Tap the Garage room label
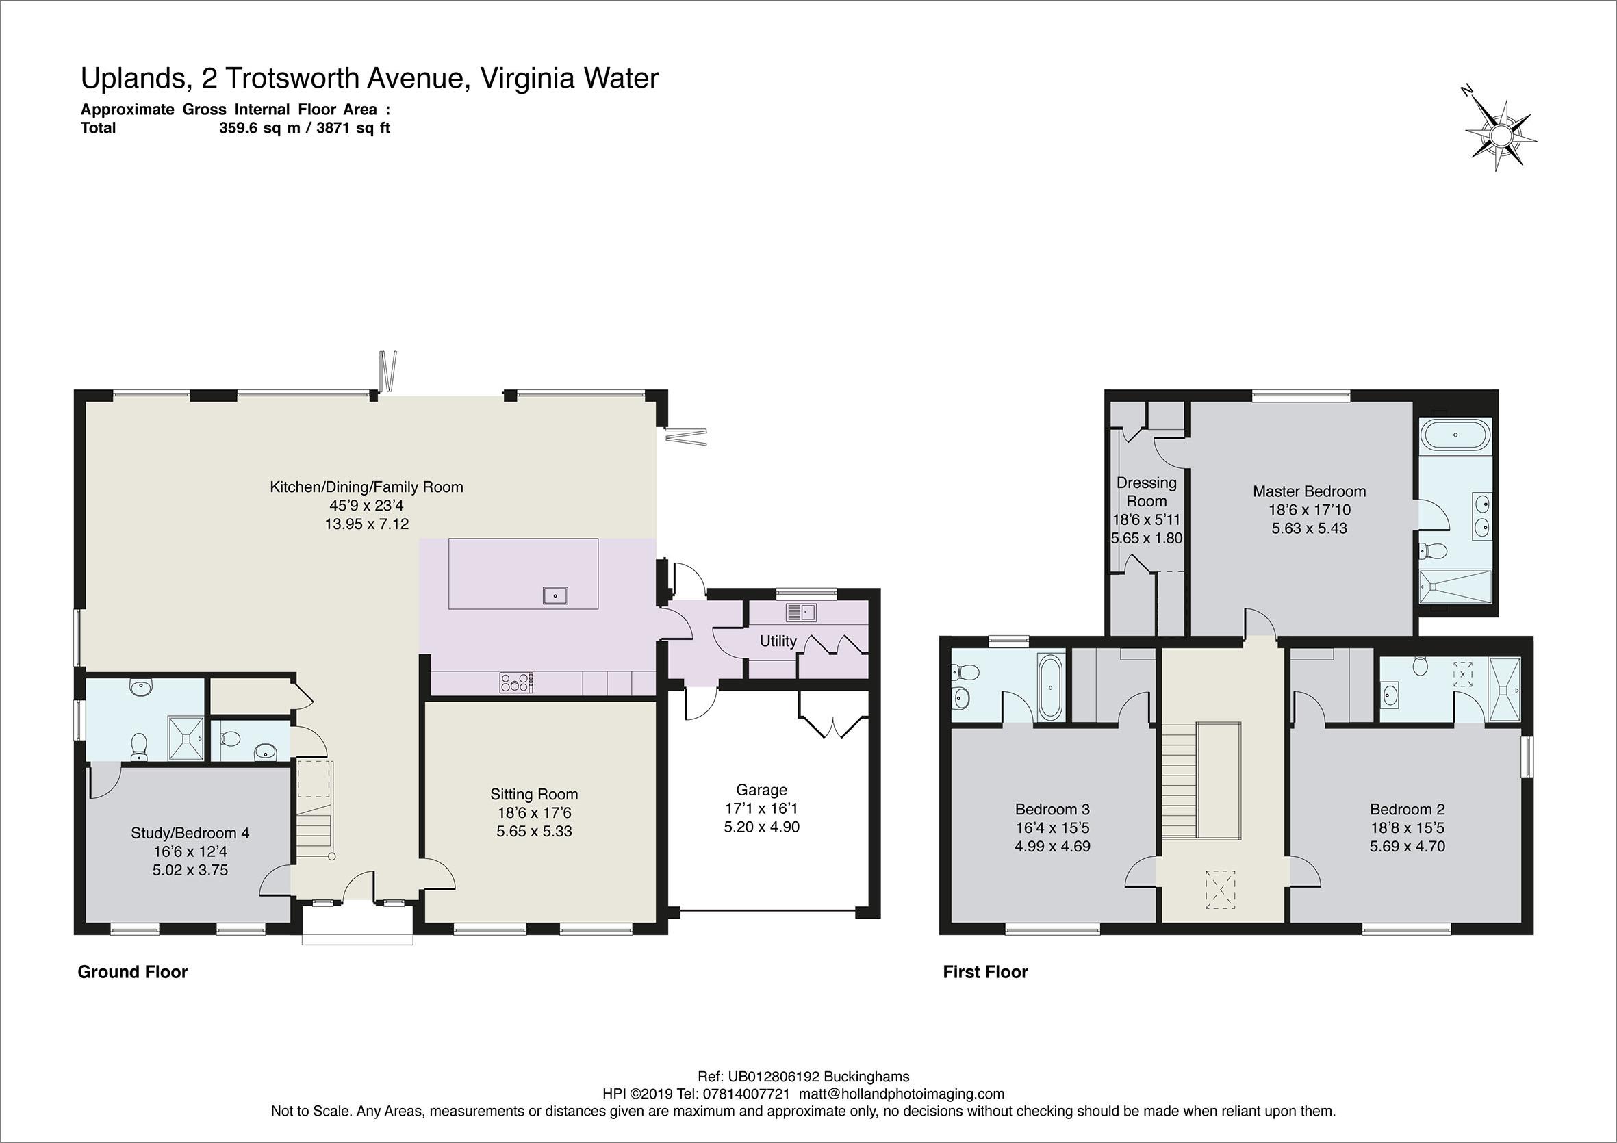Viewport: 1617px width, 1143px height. tap(761, 790)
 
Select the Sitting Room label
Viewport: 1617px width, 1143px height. tap(534, 795)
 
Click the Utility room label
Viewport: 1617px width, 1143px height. tap(778, 641)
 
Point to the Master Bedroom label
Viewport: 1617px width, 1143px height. tap(1309, 491)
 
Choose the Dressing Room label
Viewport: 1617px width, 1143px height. tap(1147, 491)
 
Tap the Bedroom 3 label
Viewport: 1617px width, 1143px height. tap(1052, 809)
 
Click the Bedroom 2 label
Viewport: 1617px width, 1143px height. tap(1407, 809)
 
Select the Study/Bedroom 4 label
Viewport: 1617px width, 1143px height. tap(190, 833)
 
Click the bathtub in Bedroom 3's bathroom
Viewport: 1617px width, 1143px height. tap(1049, 686)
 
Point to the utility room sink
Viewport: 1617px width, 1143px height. tap(801, 613)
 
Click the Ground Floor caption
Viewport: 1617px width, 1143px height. tap(132, 973)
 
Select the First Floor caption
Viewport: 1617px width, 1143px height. tap(985, 973)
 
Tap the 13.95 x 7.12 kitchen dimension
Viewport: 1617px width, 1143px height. tap(366, 524)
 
